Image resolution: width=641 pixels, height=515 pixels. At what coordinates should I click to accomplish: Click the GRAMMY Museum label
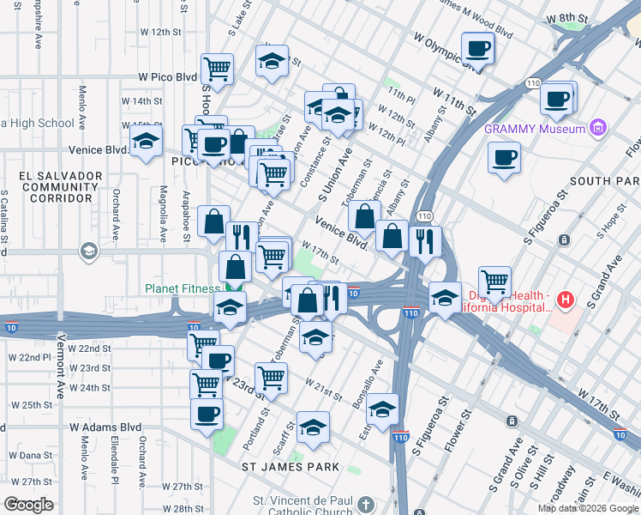pyautogui.click(x=534, y=130)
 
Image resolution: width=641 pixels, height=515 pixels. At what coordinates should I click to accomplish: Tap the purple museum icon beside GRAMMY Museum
pyautogui.click(x=598, y=130)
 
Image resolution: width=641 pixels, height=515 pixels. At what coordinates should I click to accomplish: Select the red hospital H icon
pyautogui.click(x=565, y=300)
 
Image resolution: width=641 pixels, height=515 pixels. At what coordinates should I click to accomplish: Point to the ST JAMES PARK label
pyautogui.click(x=291, y=467)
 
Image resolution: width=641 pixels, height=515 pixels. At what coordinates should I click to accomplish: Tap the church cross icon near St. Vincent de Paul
pyautogui.click(x=366, y=504)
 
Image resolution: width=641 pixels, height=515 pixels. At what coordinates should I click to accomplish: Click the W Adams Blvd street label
pyautogui.click(x=105, y=427)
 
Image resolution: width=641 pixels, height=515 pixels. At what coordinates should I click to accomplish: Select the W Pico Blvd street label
pyautogui.click(x=168, y=77)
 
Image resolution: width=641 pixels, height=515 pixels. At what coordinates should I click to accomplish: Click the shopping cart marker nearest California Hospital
pyautogui.click(x=495, y=280)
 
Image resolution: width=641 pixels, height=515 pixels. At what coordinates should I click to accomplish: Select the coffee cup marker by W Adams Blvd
pyautogui.click(x=207, y=414)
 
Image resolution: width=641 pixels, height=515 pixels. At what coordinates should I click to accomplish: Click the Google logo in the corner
pyautogui.click(x=28, y=505)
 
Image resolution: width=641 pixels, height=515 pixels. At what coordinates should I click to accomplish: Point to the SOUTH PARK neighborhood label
pyautogui.click(x=603, y=181)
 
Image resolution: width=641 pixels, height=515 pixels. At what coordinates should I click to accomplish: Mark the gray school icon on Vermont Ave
pyautogui.click(x=87, y=251)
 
